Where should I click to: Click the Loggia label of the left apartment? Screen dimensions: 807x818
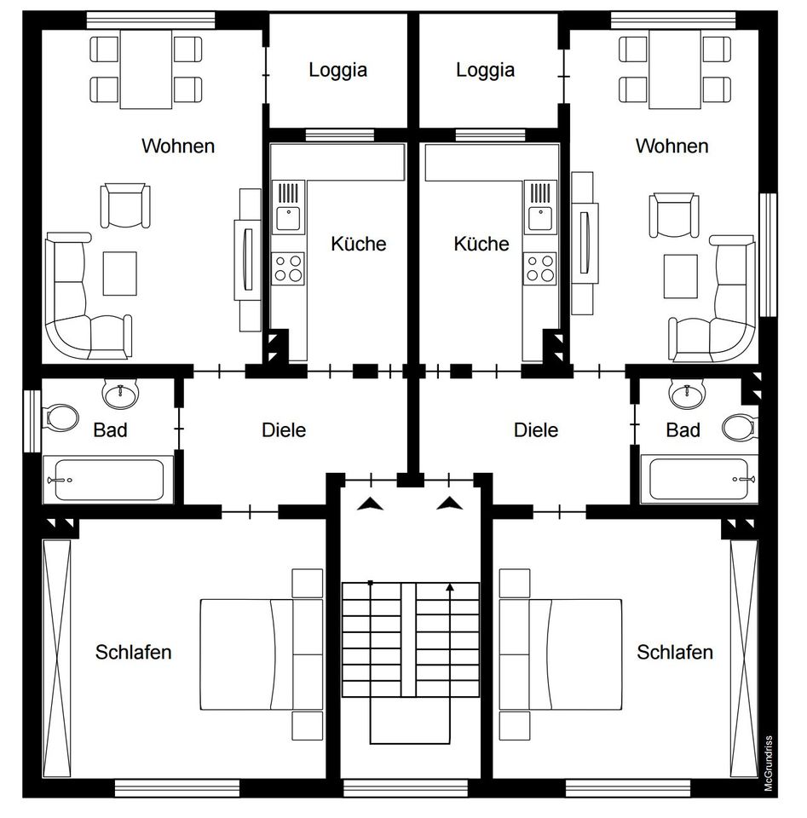click(337, 71)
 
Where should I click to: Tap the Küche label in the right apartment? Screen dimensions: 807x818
click(481, 244)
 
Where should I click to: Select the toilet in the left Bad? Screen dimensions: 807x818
click(61, 418)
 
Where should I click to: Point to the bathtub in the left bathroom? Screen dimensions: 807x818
click(108, 480)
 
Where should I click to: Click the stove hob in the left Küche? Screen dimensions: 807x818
click(287, 268)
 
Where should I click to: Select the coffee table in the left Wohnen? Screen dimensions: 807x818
click(120, 274)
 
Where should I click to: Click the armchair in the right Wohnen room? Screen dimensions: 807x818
click(674, 215)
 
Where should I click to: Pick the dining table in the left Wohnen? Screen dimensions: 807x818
click(146, 69)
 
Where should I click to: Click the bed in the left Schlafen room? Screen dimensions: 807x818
click(262, 654)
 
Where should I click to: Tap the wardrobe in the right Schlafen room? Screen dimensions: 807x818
click(744, 659)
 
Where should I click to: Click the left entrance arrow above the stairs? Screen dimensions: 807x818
click(371, 504)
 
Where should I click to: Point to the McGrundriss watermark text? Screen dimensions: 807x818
click(768, 763)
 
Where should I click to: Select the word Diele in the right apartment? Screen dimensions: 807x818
click(536, 430)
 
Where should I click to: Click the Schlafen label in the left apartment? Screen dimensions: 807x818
click(133, 652)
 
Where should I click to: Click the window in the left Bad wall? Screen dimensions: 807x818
click(32, 420)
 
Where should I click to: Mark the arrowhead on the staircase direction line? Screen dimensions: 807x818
click(450, 587)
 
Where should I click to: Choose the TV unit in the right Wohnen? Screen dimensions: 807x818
click(585, 243)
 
